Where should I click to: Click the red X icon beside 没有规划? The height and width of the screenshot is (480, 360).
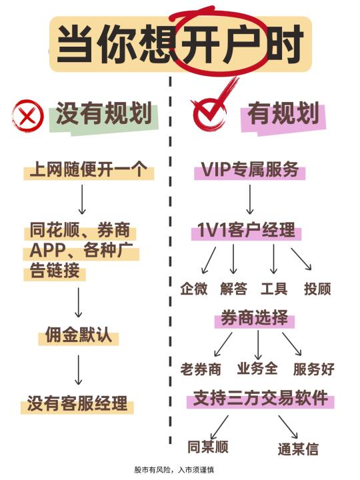click(x=27, y=116)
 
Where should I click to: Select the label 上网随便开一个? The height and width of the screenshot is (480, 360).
click(x=89, y=169)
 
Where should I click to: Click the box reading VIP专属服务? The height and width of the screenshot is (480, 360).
click(x=249, y=169)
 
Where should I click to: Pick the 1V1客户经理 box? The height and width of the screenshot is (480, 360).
click(x=247, y=230)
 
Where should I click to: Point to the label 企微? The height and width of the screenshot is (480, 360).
click(x=193, y=289)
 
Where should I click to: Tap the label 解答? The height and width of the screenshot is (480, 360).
click(x=233, y=289)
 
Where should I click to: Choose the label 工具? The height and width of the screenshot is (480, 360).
click(x=274, y=289)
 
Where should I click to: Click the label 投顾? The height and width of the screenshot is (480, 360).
click(x=317, y=289)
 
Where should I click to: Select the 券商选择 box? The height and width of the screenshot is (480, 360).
click(x=255, y=319)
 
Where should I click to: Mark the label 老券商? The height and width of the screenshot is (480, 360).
click(x=201, y=369)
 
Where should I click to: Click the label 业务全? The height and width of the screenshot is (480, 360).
click(x=257, y=368)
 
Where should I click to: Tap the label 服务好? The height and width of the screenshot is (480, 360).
click(x=314, y=369)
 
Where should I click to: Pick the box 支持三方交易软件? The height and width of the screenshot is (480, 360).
click(x=261, y=399)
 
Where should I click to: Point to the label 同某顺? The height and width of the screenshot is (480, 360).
click(x=208, y=447)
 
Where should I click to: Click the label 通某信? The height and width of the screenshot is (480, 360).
click(x=298, y=449)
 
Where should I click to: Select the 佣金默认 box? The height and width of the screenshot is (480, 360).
click(x=79, y=335)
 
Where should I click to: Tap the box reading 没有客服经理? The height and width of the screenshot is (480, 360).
click(x=77, y=403)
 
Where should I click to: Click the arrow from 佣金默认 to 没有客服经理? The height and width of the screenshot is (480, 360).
click(x=79, y=370)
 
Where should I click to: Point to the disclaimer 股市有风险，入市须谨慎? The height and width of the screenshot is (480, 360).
click(x=174, y=470)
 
